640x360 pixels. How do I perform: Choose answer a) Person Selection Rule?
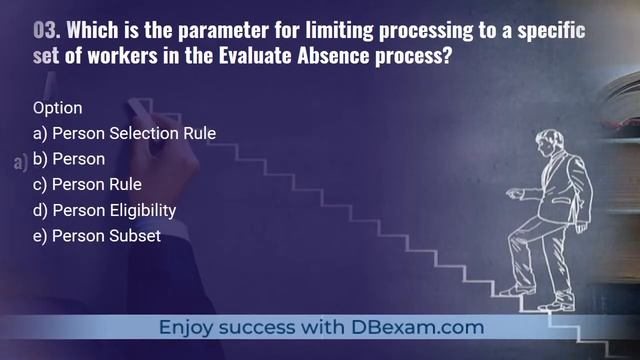pos(124,133)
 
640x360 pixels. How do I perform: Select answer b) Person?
pos(69,159)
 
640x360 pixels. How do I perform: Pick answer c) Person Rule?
pos(87,184)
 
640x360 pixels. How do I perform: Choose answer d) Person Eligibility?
pos(104,210)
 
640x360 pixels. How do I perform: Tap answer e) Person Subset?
pos(96,236)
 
